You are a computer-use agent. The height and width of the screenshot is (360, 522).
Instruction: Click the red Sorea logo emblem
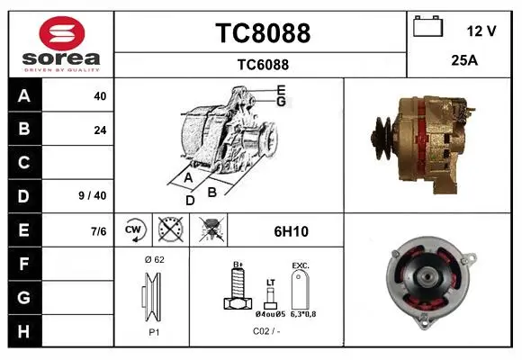(62, 33)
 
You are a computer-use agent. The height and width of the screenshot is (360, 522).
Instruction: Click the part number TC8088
(263, 33)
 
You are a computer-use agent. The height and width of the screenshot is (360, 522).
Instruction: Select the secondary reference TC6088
(263, 65)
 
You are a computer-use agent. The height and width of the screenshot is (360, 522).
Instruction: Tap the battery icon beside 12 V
(427, 26)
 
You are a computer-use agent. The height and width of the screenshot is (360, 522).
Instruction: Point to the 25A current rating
(464, 60)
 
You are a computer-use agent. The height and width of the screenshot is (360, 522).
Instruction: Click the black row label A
(24, 96)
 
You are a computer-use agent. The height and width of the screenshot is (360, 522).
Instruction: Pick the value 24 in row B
(100, 130)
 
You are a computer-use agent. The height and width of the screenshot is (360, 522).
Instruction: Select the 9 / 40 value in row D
(93, 195)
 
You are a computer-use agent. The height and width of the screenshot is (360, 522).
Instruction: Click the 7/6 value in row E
(98, 231)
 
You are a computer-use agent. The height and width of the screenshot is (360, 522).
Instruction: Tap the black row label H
(23, 331)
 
